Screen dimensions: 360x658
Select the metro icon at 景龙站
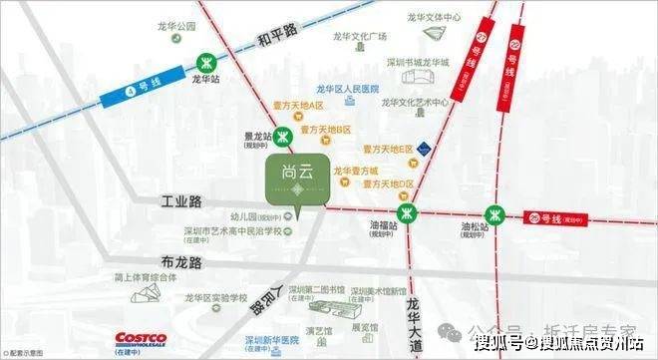coord(284,138)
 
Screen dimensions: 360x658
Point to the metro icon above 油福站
coord(406,213)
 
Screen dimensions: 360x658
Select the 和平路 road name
coord(275,37)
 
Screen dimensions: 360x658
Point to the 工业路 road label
coord(182,202)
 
